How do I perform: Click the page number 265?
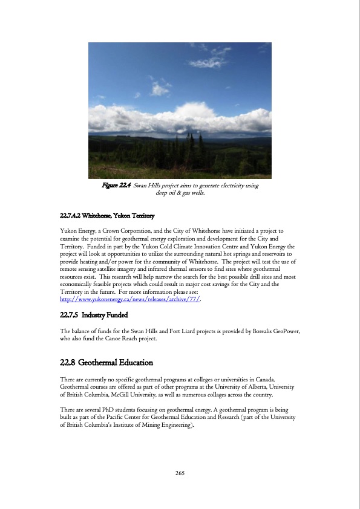click(x=180, y=472)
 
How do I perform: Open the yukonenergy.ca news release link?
click(x=130, y=299)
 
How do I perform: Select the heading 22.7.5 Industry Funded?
click(x=94, y=315)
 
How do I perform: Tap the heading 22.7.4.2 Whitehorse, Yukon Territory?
click(x=108, y=216)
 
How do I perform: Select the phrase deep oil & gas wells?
click(x=180, y=193)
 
